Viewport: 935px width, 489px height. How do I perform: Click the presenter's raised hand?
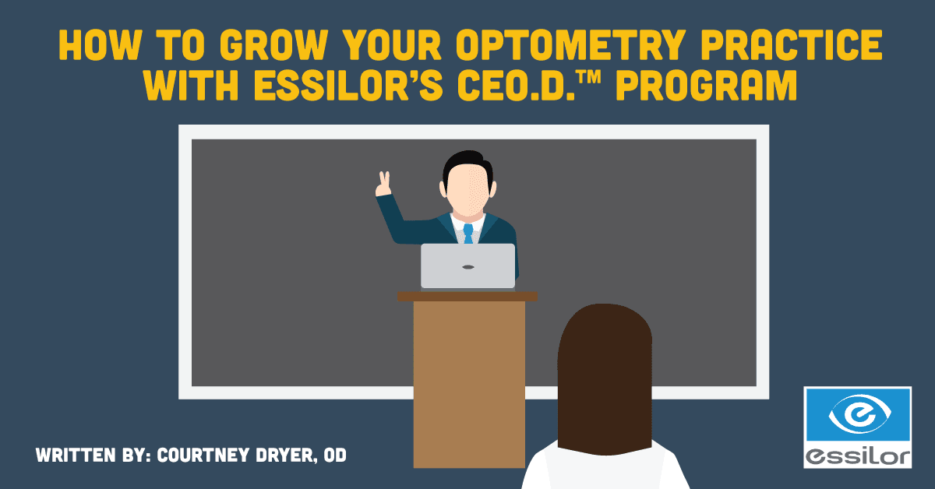coord(383,184)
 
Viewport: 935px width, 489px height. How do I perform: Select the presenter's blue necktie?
coord(467,233)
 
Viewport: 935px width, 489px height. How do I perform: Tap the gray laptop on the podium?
coord(467,266)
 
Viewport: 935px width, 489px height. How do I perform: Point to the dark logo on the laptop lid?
coord(467,267)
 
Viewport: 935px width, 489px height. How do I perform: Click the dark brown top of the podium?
coord(467,296)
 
